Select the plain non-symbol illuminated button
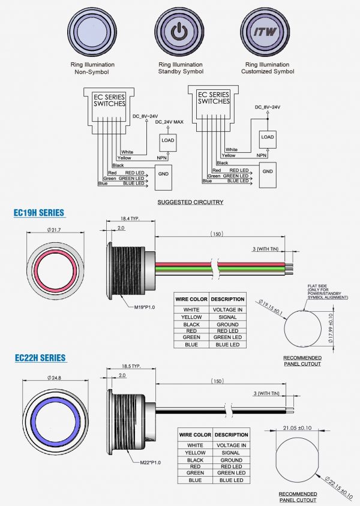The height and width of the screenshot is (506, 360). click(95, 30)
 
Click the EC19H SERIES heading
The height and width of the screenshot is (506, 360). click(39, 213)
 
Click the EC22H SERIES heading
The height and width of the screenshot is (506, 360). click(40, 358)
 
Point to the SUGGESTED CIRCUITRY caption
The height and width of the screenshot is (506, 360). click(190, 202)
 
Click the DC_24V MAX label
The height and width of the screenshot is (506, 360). click(169, 122)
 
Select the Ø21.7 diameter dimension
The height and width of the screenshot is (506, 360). click(55, 231)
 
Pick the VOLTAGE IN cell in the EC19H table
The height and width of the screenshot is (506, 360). click(228, 309)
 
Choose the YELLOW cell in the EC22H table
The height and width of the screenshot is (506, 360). click(195, 453)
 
